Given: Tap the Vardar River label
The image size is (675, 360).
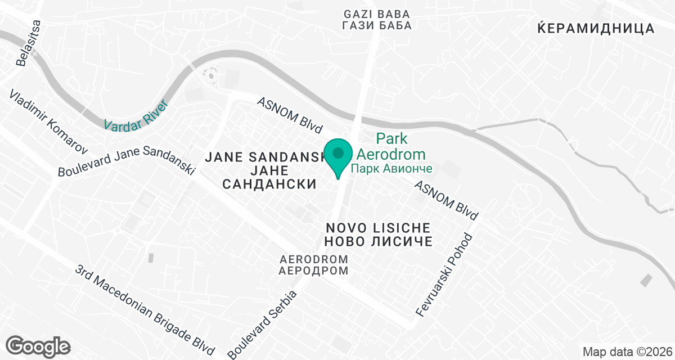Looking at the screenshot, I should click(136, 115).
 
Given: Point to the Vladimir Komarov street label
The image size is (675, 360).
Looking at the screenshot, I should click(49, 121).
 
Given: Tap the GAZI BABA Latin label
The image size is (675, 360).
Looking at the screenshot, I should click(376, 13).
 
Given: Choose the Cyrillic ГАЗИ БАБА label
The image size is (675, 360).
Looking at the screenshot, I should click(376, 25).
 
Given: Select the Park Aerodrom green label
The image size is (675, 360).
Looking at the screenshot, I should click(400, 146).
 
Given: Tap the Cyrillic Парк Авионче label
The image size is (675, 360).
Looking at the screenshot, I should click(391, 169).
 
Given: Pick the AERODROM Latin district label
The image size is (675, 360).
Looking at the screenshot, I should click(314, 259).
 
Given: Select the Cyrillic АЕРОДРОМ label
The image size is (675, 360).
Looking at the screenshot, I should click(314, 271).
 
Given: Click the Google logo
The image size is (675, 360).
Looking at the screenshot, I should click(39, 345).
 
